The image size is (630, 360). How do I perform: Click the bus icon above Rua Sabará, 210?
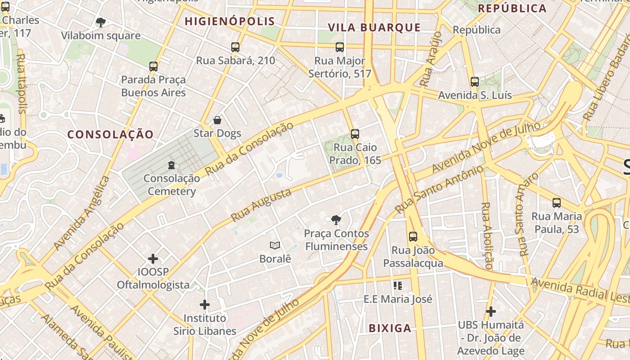235,47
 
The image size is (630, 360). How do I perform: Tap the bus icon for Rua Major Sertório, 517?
340,47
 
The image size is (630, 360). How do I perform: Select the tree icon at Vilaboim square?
101,22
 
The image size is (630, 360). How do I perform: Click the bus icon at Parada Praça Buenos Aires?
153,67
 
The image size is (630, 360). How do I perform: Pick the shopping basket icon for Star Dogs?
217,120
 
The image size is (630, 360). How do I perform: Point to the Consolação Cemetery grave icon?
171,165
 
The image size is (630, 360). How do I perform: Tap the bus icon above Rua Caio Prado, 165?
355,134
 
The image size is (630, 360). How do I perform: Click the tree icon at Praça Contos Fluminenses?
336,220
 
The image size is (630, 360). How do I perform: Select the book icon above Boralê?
275,245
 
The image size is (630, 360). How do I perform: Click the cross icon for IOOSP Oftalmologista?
153,258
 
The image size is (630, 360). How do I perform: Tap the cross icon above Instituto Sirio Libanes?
205,305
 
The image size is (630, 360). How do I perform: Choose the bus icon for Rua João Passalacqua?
413,236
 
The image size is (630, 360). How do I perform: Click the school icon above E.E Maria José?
397,285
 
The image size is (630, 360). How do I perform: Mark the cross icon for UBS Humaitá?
491,311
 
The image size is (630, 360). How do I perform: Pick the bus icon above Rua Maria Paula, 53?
557,203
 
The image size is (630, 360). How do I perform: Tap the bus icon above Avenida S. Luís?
475,82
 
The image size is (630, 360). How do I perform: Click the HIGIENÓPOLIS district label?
229,21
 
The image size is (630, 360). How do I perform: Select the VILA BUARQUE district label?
374,27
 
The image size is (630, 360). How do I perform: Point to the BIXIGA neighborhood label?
390,328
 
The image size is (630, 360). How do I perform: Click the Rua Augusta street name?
261,205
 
